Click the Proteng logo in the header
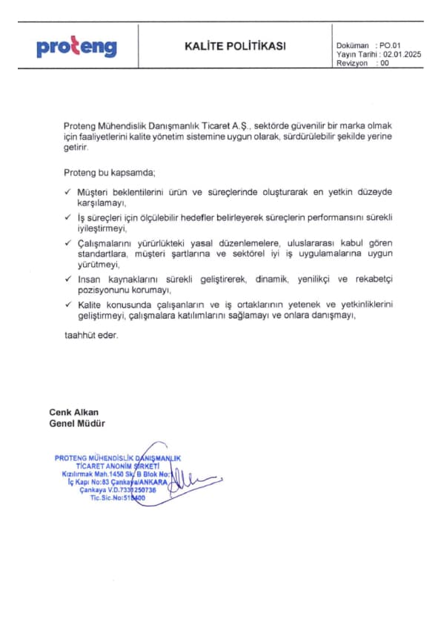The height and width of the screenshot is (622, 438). point(76,48)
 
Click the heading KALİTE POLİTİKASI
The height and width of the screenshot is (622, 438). point(234,46)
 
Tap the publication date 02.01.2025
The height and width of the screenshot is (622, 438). point(404,55)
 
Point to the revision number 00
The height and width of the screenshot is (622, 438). point(383,64)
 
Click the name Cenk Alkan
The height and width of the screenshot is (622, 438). point(73,412)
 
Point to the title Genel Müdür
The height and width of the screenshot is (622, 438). point(76,423)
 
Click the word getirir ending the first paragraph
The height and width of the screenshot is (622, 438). point(76,148)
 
